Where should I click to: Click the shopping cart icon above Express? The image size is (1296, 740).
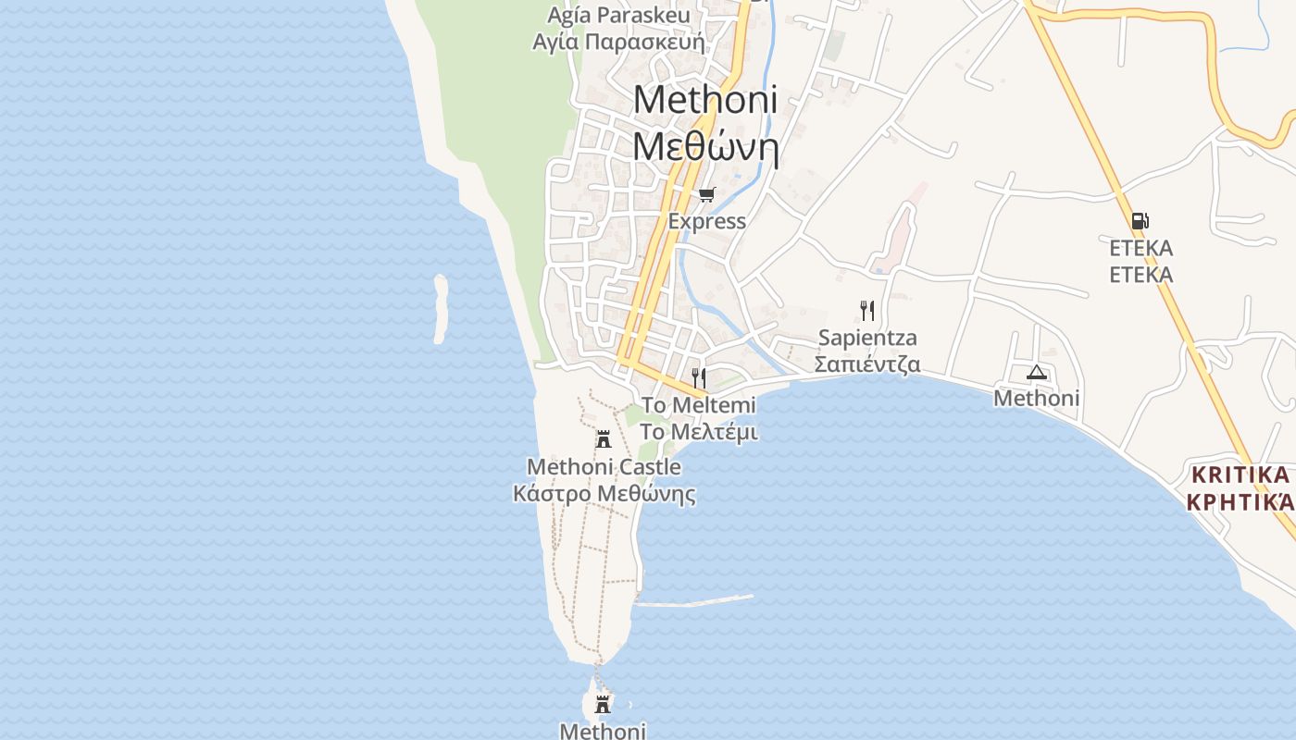click(x=707, y=194)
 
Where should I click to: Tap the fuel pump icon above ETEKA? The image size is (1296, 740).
click(x=1140, y=221)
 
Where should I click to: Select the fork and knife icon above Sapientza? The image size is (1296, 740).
click(x=867, y=310)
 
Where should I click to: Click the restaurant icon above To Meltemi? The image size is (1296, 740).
click(x=699, y=377)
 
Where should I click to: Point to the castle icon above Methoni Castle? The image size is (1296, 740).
click(x=604, y=438)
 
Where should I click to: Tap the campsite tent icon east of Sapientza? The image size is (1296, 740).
click(x=1036, y=372)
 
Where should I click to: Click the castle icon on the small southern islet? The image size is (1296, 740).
click(x=603, y=705)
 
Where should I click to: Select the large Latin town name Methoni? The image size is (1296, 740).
click(x=705, y=99)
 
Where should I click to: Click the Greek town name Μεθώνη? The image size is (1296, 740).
click(x=705, y=146)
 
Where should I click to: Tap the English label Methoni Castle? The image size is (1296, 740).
click(x=604, y=467)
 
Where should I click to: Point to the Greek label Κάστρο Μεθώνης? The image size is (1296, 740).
click(x=604, y=494)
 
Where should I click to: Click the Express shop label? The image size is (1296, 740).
click(x=707, y=221)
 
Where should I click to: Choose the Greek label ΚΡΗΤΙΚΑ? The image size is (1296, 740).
click(x=1239, y=502)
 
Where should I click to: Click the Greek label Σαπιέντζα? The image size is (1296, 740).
click(x=867, y=364)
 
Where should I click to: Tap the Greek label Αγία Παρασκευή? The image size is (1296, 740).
click(x=618, y=42)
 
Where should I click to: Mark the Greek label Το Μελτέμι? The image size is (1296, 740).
click(x=699, y=432)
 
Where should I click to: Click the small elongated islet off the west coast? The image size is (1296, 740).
click(x=441, y=309)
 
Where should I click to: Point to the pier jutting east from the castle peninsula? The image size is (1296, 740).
click(x=694, y=601)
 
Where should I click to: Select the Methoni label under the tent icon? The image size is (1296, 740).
click(x=1036, y=399)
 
